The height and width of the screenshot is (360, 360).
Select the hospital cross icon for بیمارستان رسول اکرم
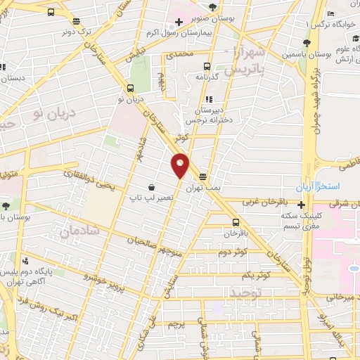(x=180, y=22)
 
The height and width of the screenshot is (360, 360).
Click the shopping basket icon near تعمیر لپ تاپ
(x=152, y=188)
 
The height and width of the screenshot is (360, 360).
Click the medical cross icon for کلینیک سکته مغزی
(x=302, y=205)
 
